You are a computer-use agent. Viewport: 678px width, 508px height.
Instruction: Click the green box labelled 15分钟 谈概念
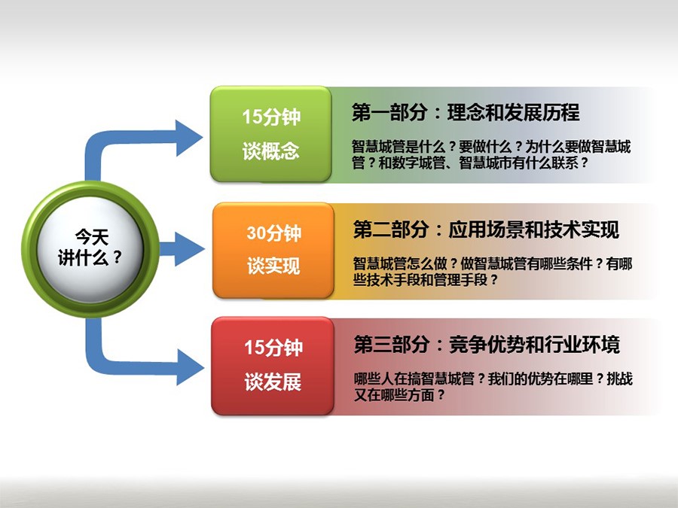(x=270, y=134)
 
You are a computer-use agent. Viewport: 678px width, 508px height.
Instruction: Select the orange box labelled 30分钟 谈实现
(x=273, y=250)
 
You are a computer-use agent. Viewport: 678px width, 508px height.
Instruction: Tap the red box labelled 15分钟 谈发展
(x=273, y=366)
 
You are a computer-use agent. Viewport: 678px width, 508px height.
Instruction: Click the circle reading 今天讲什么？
(x=90, y=249)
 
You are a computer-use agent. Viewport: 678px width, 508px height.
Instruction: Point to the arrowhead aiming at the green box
(x=189, y=138)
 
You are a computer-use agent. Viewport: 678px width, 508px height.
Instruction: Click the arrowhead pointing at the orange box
(x=190, y=249)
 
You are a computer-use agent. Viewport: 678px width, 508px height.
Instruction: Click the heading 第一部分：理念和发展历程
(x=466, y=112)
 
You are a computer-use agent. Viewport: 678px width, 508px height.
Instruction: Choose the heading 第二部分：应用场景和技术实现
(x=486, y=229)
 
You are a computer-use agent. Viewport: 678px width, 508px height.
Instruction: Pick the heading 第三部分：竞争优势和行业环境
(x=487, y=345)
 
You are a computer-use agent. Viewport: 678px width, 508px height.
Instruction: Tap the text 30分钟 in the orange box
(x=273, y=233)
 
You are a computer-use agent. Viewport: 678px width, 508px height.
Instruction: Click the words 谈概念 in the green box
(x=270, y=151)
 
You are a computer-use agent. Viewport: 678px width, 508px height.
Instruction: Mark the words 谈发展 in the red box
(x=273, y=382)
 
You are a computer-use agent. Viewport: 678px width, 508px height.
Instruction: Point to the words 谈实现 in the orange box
(x=273, y=266)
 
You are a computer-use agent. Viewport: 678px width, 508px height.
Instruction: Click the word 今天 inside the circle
(x=92, y=237)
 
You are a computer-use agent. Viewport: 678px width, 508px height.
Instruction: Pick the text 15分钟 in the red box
(x=273, y=347)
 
